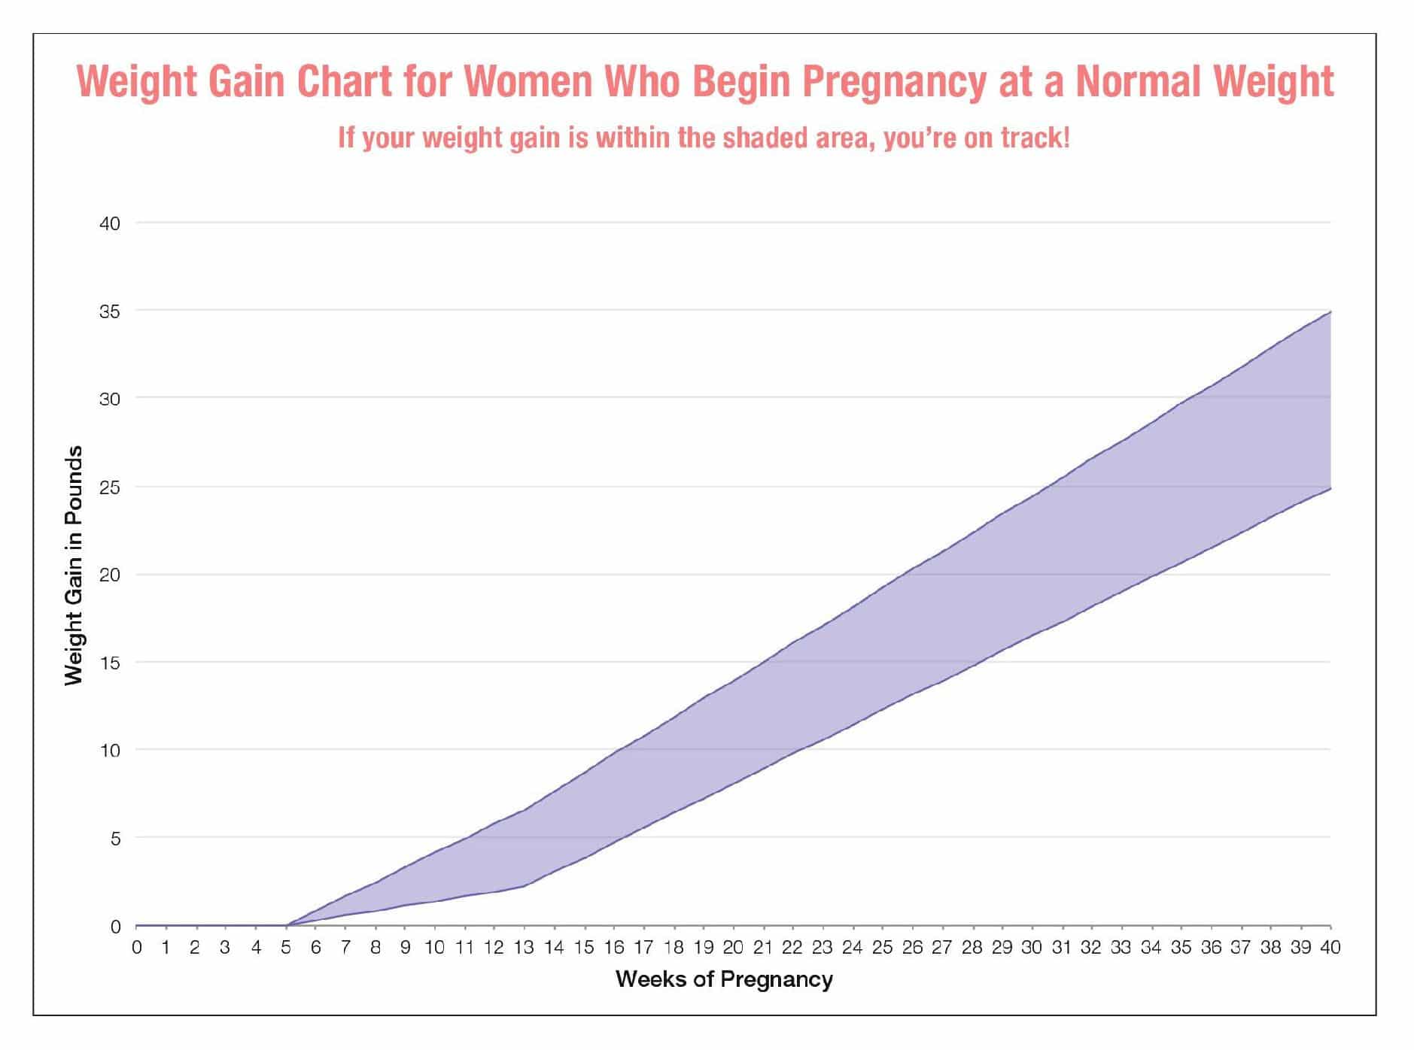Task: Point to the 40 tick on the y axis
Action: point(110,223)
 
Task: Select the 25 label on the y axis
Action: point(110,487)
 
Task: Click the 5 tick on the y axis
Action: point(115,838)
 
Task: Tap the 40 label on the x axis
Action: point(1330,947)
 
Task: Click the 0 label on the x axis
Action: point(136,947)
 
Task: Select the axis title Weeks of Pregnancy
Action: point(724,979)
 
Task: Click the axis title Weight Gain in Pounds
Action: point(73,565)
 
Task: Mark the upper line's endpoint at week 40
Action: point(1330,311)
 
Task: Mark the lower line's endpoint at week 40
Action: point(1330,488)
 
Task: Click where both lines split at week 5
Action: point(286,925)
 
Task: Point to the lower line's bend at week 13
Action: point(524,886)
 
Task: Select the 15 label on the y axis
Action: point(110,663)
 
